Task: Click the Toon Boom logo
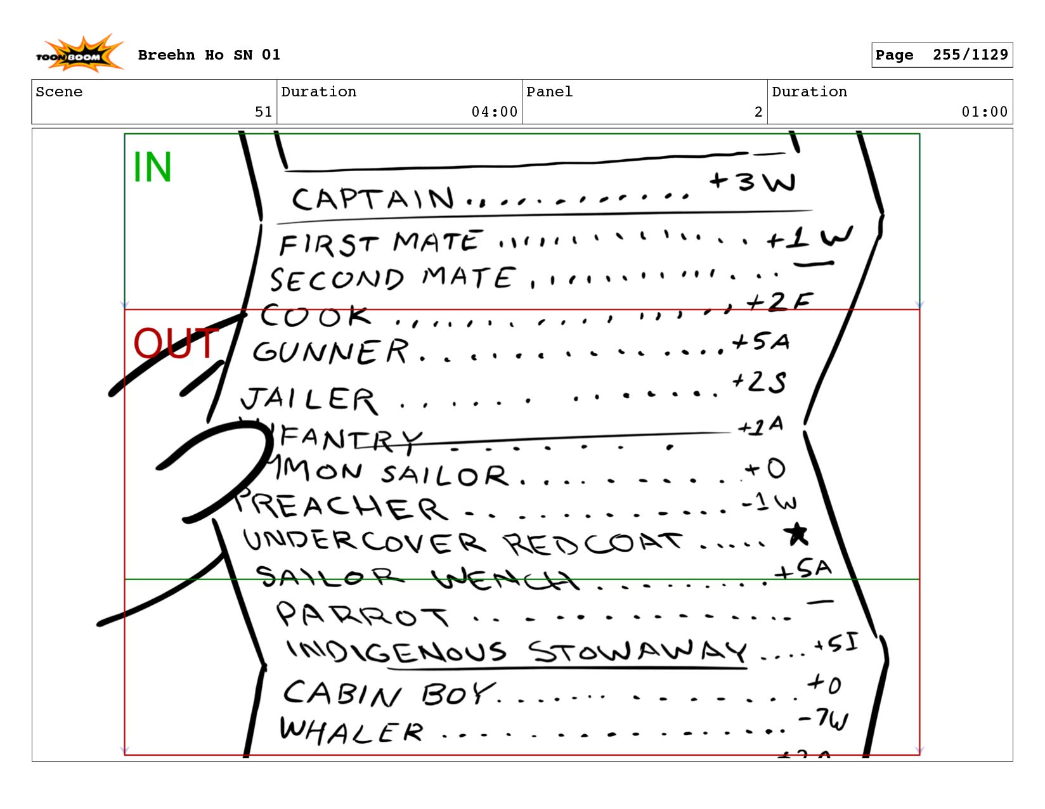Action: click(79, 55)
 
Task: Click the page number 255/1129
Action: click(970, 55)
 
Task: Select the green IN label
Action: click(152, 167)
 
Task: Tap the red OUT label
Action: click(176, 344)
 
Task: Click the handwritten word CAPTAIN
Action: click(373, 199)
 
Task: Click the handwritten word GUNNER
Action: click(330, 352)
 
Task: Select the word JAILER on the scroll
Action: click(309, 399)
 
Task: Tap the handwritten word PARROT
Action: click(362, 615)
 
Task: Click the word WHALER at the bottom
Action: click(351, 731)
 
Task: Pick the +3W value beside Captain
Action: click(753, 182)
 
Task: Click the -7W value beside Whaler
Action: click(824, 720)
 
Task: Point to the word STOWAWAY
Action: click(637, 651)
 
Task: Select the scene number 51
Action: click(263, 112)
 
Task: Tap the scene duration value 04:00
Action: click(494, 112)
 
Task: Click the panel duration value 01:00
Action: click(984, 112)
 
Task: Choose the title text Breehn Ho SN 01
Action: click(209, 55)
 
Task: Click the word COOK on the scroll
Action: click(315, 316)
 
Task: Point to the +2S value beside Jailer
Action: click(759, 382)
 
